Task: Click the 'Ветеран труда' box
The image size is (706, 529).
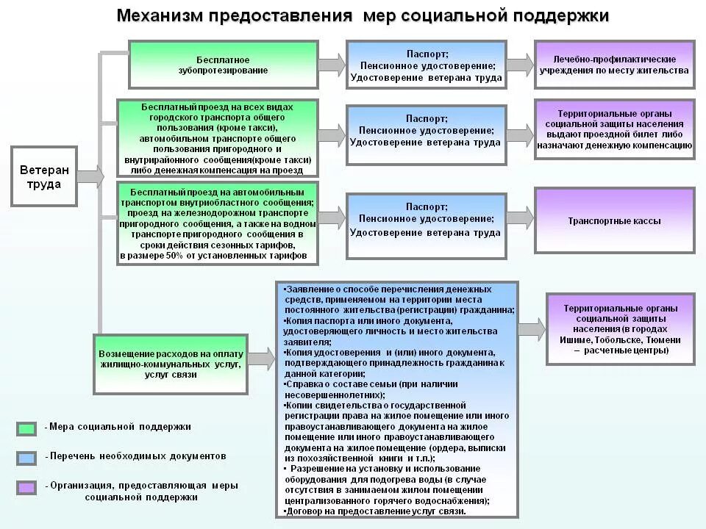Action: click(x=43, y=177)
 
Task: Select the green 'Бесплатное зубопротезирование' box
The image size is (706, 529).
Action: click(x=223, y=65)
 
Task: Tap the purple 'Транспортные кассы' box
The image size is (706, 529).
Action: click(x=614, y=220)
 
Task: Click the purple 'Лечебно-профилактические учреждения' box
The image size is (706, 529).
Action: click(x=614, y=65)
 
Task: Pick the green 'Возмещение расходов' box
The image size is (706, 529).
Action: click(x=171, y=364)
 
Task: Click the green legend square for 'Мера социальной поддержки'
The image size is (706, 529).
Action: click(x=26, y=428)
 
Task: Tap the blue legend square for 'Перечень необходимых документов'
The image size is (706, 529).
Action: click(x=26, y=458)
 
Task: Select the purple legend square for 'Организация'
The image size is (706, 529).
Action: click(x=26, y=487)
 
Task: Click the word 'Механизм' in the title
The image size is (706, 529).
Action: click(x=160, y=16)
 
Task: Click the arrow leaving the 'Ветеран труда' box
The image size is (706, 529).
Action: click(x=90, y=176)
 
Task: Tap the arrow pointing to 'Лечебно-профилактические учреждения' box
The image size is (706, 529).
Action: click(x=520, y=64)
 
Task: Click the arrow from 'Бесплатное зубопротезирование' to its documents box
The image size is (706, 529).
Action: click(x=332, y=64)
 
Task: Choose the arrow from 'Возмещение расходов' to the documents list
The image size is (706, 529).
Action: click(x=260, y=359)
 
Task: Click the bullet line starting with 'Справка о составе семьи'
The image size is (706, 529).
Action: click(x=371, y=384)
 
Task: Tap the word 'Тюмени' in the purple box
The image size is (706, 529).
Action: click(x=663, y=340)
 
